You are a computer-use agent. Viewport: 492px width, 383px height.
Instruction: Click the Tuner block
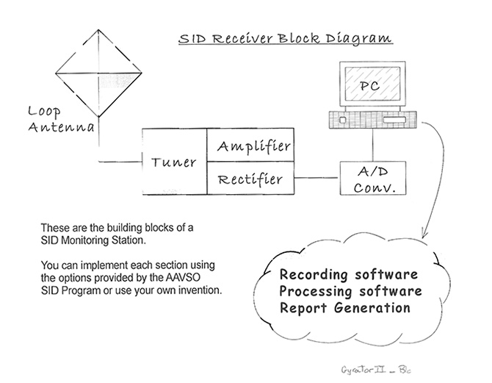tap(173, 161)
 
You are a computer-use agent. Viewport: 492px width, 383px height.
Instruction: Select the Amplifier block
tap(250, 146)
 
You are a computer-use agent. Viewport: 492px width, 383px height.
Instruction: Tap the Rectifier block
tap(250, 178)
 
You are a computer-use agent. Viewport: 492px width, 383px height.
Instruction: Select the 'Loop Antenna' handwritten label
tap(60, 121)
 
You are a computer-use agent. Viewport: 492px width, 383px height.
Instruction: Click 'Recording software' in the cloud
tap(348, 275)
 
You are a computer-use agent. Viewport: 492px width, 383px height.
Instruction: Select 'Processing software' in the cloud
tap(351, 291)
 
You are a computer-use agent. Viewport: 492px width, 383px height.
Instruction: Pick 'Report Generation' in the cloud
tap(345, 308)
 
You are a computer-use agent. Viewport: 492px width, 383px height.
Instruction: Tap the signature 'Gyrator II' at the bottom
tap(363, 367)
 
